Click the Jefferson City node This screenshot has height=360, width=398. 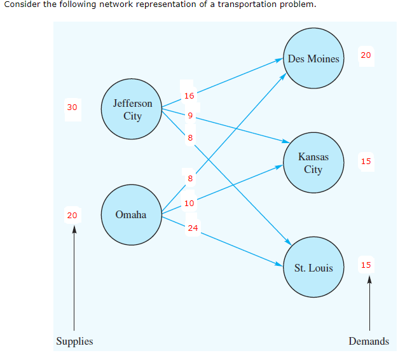click(x=132, y=109)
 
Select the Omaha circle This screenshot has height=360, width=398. click(x=131, y=215)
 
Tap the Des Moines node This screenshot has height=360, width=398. click(x=313, y=59)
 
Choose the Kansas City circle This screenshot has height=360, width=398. click(x=313, y=163)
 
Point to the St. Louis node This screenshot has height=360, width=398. click(x=313, y=268)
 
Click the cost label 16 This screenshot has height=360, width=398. click(x=189, y=96)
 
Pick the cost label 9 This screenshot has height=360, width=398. click(x=189, y=116)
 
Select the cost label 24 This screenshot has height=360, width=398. click(x=193, y=228)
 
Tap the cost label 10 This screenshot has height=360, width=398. click(x=189, y=204)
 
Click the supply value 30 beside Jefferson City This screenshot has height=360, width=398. click(x=72, y=107)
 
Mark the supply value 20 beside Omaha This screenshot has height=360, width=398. click(x=72, y=215)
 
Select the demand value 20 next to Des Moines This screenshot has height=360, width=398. click(x=366, y=55)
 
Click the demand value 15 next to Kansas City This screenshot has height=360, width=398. click(x=366, y=161)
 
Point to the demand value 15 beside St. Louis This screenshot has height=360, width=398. click(x=366, y=265)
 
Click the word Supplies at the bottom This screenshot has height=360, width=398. click(x=74, y=342)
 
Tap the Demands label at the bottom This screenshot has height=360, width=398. click(x=368, y=342)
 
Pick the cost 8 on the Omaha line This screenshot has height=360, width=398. click(x=189, y=178)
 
